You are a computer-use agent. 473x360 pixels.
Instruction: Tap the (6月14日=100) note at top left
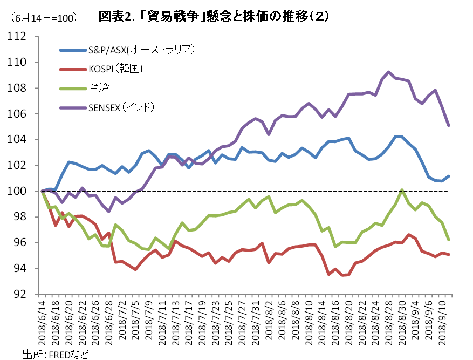pyautogui.click(x=43, y=18)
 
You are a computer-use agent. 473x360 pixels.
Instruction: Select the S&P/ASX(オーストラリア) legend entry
pyautogui.click(x=141, y=50)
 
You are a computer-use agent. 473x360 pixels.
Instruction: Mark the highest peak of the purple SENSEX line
pyautogui.click(x=389, y=72)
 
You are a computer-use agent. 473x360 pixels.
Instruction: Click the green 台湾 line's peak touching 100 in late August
pyautogui.click(x=402, y=190)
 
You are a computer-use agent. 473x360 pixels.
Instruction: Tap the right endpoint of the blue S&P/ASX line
pyautogui.click(x=449, y=176)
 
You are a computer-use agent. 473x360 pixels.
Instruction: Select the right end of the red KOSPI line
pyautogui.click(x=449, y=254)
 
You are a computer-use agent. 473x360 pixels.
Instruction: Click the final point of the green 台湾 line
pyautogui.click(x=449, y=240)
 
